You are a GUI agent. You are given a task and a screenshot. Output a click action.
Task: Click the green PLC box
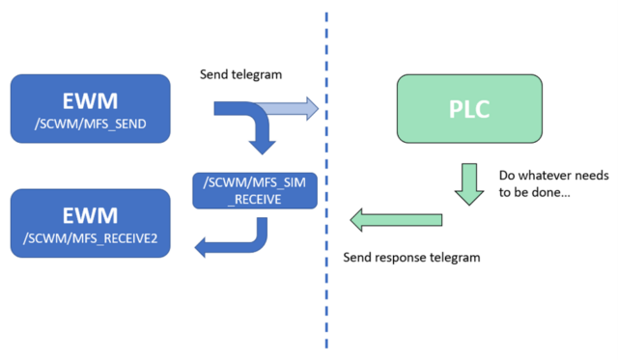coord(469,108)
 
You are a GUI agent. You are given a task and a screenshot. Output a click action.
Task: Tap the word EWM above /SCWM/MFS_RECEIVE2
coord(91,213)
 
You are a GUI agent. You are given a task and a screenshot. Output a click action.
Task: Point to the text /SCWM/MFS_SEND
coord(91,123)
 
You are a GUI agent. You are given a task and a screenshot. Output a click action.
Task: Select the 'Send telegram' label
coord(241,74)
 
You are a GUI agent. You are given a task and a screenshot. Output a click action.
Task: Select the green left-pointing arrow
coord(391,221)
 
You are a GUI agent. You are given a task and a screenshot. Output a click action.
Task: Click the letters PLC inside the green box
coord(469,108)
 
